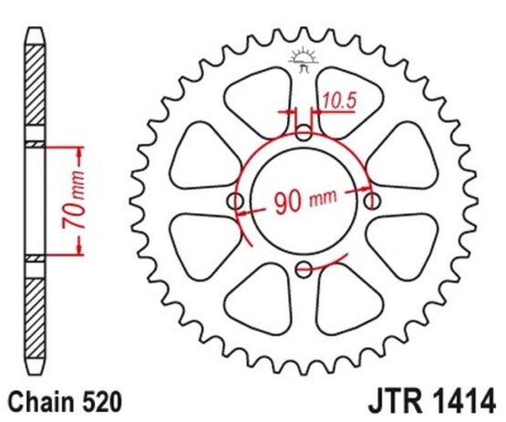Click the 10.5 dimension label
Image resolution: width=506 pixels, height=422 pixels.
coord(339,100)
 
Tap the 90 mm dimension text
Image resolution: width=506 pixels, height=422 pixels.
coord(305,201)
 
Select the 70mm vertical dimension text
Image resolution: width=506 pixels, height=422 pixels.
coord(74,201)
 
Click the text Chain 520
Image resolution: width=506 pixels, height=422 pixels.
coord(65,402)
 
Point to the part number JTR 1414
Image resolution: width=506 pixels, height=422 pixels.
coord(432,402)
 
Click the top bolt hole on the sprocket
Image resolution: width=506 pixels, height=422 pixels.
coord(304,132)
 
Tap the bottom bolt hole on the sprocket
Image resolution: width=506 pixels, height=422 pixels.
coord(304,270)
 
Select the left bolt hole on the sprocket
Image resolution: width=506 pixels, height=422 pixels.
coord(235,201)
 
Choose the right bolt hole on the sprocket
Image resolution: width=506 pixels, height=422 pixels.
coord(372,201)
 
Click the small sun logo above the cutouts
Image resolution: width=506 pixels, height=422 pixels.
coord(304,59)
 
